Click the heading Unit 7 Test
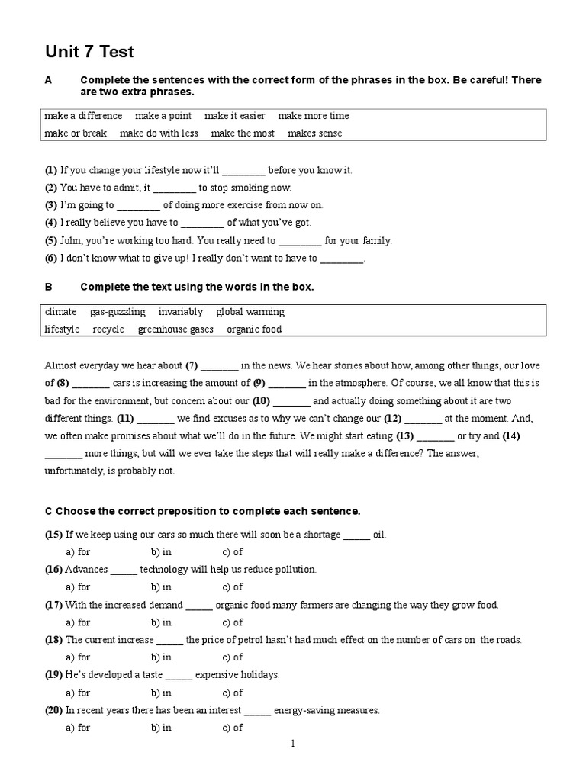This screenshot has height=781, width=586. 89,52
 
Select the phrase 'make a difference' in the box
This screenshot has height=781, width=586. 83,116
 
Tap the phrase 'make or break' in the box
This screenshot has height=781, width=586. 76,133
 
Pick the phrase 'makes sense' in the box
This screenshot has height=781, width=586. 314,133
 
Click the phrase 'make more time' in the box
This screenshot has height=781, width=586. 313,116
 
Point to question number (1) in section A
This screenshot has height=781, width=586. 51,170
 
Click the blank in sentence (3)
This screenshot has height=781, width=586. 139,205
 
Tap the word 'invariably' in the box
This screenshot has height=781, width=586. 181,312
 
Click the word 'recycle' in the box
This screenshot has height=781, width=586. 108,329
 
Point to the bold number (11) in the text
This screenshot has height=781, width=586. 125,418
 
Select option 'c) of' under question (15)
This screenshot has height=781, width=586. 232,551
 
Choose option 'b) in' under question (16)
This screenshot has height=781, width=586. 161,587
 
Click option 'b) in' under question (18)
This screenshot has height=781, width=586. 161,657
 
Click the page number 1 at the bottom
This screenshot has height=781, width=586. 293,744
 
